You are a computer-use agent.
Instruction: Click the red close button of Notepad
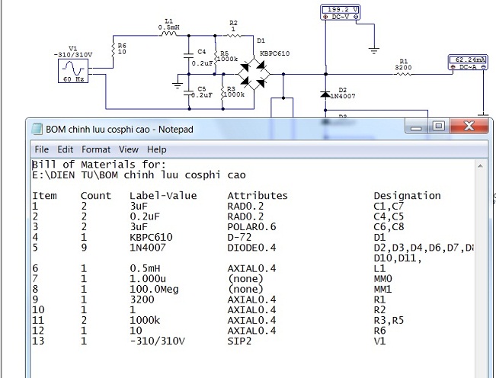click(469, 127)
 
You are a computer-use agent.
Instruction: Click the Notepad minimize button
click(416, 127)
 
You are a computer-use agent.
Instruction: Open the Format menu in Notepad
click(96, 149)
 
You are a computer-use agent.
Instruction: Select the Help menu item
click(157, 149)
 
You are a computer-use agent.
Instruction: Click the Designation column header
click(407, 196)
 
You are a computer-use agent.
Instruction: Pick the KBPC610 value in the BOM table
click(151, 237)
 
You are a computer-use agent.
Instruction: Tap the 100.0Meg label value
click(154, 289)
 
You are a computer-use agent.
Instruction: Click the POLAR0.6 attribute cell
click(251, 227)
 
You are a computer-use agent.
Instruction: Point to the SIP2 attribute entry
click(239, 341)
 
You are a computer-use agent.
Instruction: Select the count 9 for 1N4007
click(84, 248)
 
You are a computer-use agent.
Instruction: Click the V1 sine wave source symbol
click(73, 71)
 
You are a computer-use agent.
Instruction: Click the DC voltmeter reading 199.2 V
click(341, 13)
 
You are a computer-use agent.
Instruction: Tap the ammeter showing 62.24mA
click(468, 62)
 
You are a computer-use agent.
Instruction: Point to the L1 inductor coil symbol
click(168, 34)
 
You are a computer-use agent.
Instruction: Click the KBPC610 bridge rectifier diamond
click(254, 74)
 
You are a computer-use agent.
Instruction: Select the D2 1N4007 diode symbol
click(325, 94)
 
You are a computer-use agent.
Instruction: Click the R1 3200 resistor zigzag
click(403, 74)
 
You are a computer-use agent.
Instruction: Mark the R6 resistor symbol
click(114, 50)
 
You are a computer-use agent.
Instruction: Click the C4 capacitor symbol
click(188, 56)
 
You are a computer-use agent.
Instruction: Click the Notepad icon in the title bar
click(37, 129)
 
